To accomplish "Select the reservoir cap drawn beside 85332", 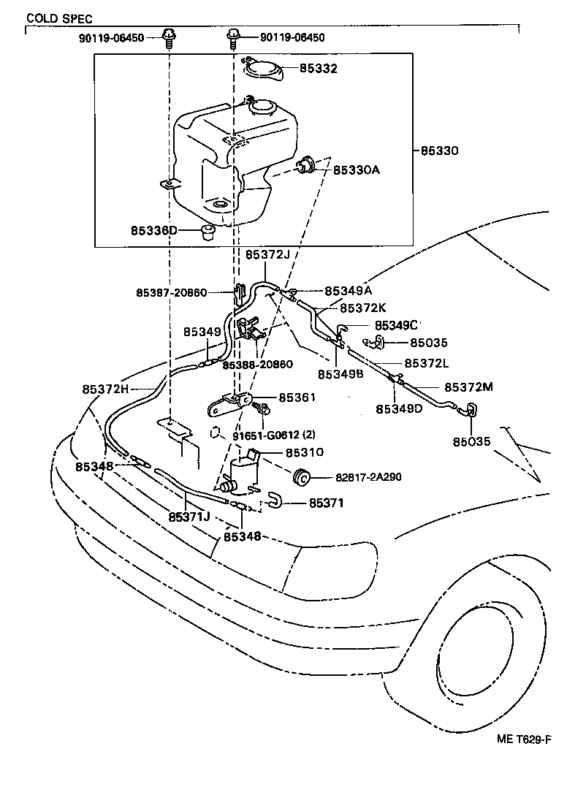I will [262, 69].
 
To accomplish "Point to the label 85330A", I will [357, 170].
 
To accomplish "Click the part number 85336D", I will [154, 231].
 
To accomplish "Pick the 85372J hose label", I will [267, 255].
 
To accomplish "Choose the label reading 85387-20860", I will [172, 292].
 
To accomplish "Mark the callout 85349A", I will [349, 290].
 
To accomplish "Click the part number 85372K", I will [362, 308].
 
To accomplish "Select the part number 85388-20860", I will [258, 365].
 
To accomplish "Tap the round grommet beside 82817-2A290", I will [302, 479].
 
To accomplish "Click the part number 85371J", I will [189, 517].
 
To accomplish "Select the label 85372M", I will [468, 387].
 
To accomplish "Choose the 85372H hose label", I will [105, 389].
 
